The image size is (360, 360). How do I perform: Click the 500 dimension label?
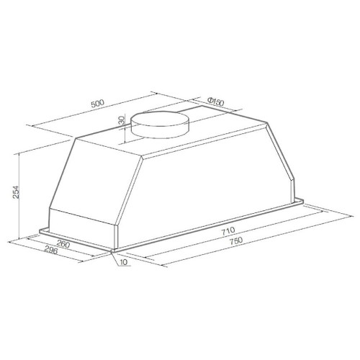pyautogui.click(x=98, y=104)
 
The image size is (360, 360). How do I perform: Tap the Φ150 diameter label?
pyautogui.click(x=215, y=102)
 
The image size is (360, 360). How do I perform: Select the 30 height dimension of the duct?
pyautogui.click(x=122, y=120)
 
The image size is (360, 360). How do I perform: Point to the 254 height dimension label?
pyautogui.click(x=16, y=192)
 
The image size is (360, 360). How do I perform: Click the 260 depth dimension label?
pyautogui.click(x=63, y=244)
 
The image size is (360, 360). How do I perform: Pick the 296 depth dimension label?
pyautogui.click(x=51, y=251)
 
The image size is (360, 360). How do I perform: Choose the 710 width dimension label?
pyautogui.click(x=228, y=230)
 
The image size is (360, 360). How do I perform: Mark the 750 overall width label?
pyautogui.click(x=235, y=240)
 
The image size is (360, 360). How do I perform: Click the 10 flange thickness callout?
pyautogui.click(x=124, y=262)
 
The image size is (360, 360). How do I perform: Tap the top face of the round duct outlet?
pyautogui.click(x=160, y=119)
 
